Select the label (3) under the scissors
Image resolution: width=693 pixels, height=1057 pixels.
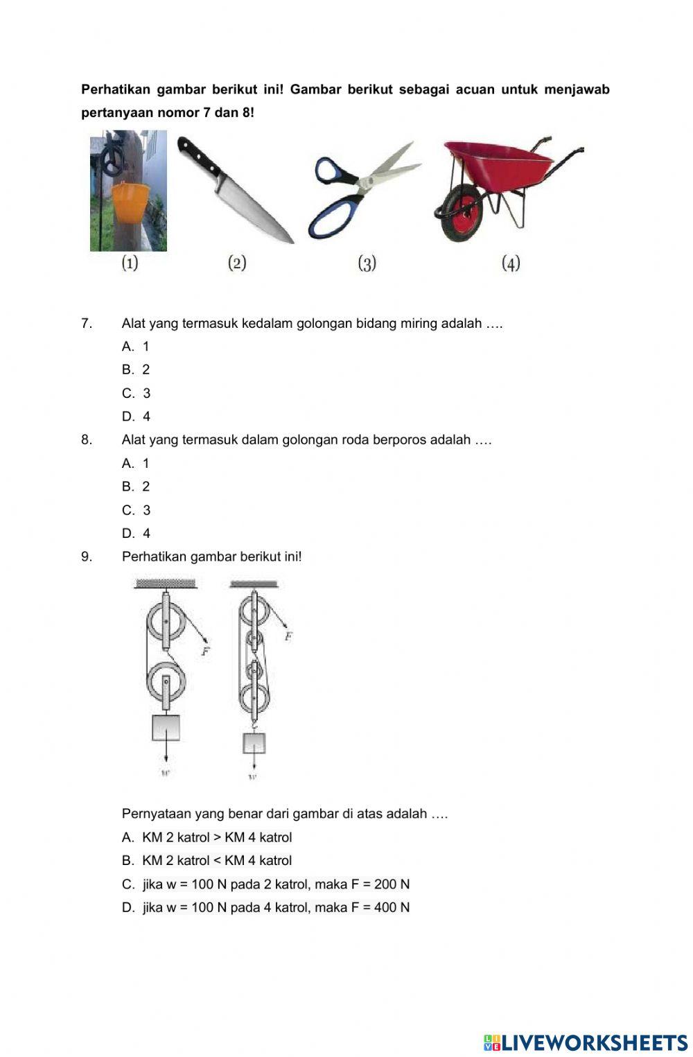(367, 263)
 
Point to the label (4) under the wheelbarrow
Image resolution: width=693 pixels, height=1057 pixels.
(511, 263)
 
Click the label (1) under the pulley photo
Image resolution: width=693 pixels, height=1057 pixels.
(130, 263)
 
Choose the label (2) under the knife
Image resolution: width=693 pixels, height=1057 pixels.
(237, 263)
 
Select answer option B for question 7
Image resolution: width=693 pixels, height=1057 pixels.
(136, 370)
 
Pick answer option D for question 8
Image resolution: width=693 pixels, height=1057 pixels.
(136, 534)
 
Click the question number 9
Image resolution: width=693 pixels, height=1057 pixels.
(87, 557)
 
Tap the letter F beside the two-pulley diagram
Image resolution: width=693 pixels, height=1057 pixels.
(205, 652)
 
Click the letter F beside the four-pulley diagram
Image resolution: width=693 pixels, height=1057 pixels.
(288, 636)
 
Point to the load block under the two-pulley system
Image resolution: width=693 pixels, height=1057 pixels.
(166, 728)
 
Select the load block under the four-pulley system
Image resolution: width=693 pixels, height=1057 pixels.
(254, 743)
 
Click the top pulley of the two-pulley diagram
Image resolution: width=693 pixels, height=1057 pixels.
(166, 621)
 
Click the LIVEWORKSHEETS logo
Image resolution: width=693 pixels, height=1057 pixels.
(586, 1042)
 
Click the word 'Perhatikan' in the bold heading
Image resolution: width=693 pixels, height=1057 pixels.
(114, 89)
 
